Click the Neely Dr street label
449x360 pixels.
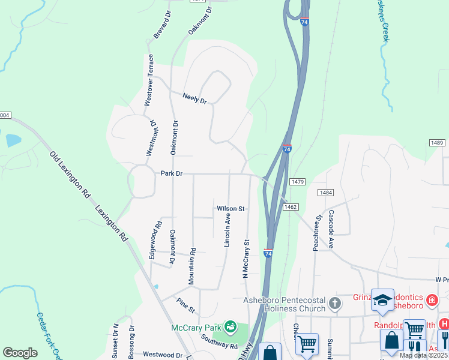[x=194, y=99]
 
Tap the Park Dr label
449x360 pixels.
[x=171, y=173]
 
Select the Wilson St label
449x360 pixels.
[x=231, y=209]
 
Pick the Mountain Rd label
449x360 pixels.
[x=193, y=266]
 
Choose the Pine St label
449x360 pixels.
[x=185, y=305]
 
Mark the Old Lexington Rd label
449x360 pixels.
[x=70, y=175]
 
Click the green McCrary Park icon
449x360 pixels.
[x=229, y=327]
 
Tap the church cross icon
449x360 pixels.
[x=335, y=304]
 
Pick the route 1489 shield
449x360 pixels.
[x=436, y=142]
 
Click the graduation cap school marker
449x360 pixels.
[x=382, y=300]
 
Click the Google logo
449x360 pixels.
[x=20, y=353]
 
